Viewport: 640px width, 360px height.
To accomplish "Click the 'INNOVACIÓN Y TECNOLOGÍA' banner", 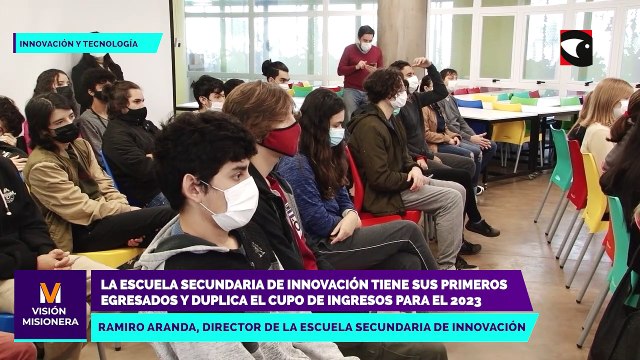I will click(x=87, y=42).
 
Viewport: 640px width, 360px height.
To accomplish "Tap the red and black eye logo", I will click(x=576, y=46).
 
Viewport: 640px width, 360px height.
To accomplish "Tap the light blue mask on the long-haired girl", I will click(x=337, y=136).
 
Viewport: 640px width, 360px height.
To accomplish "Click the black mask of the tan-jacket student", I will click(x=66, y=132).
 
